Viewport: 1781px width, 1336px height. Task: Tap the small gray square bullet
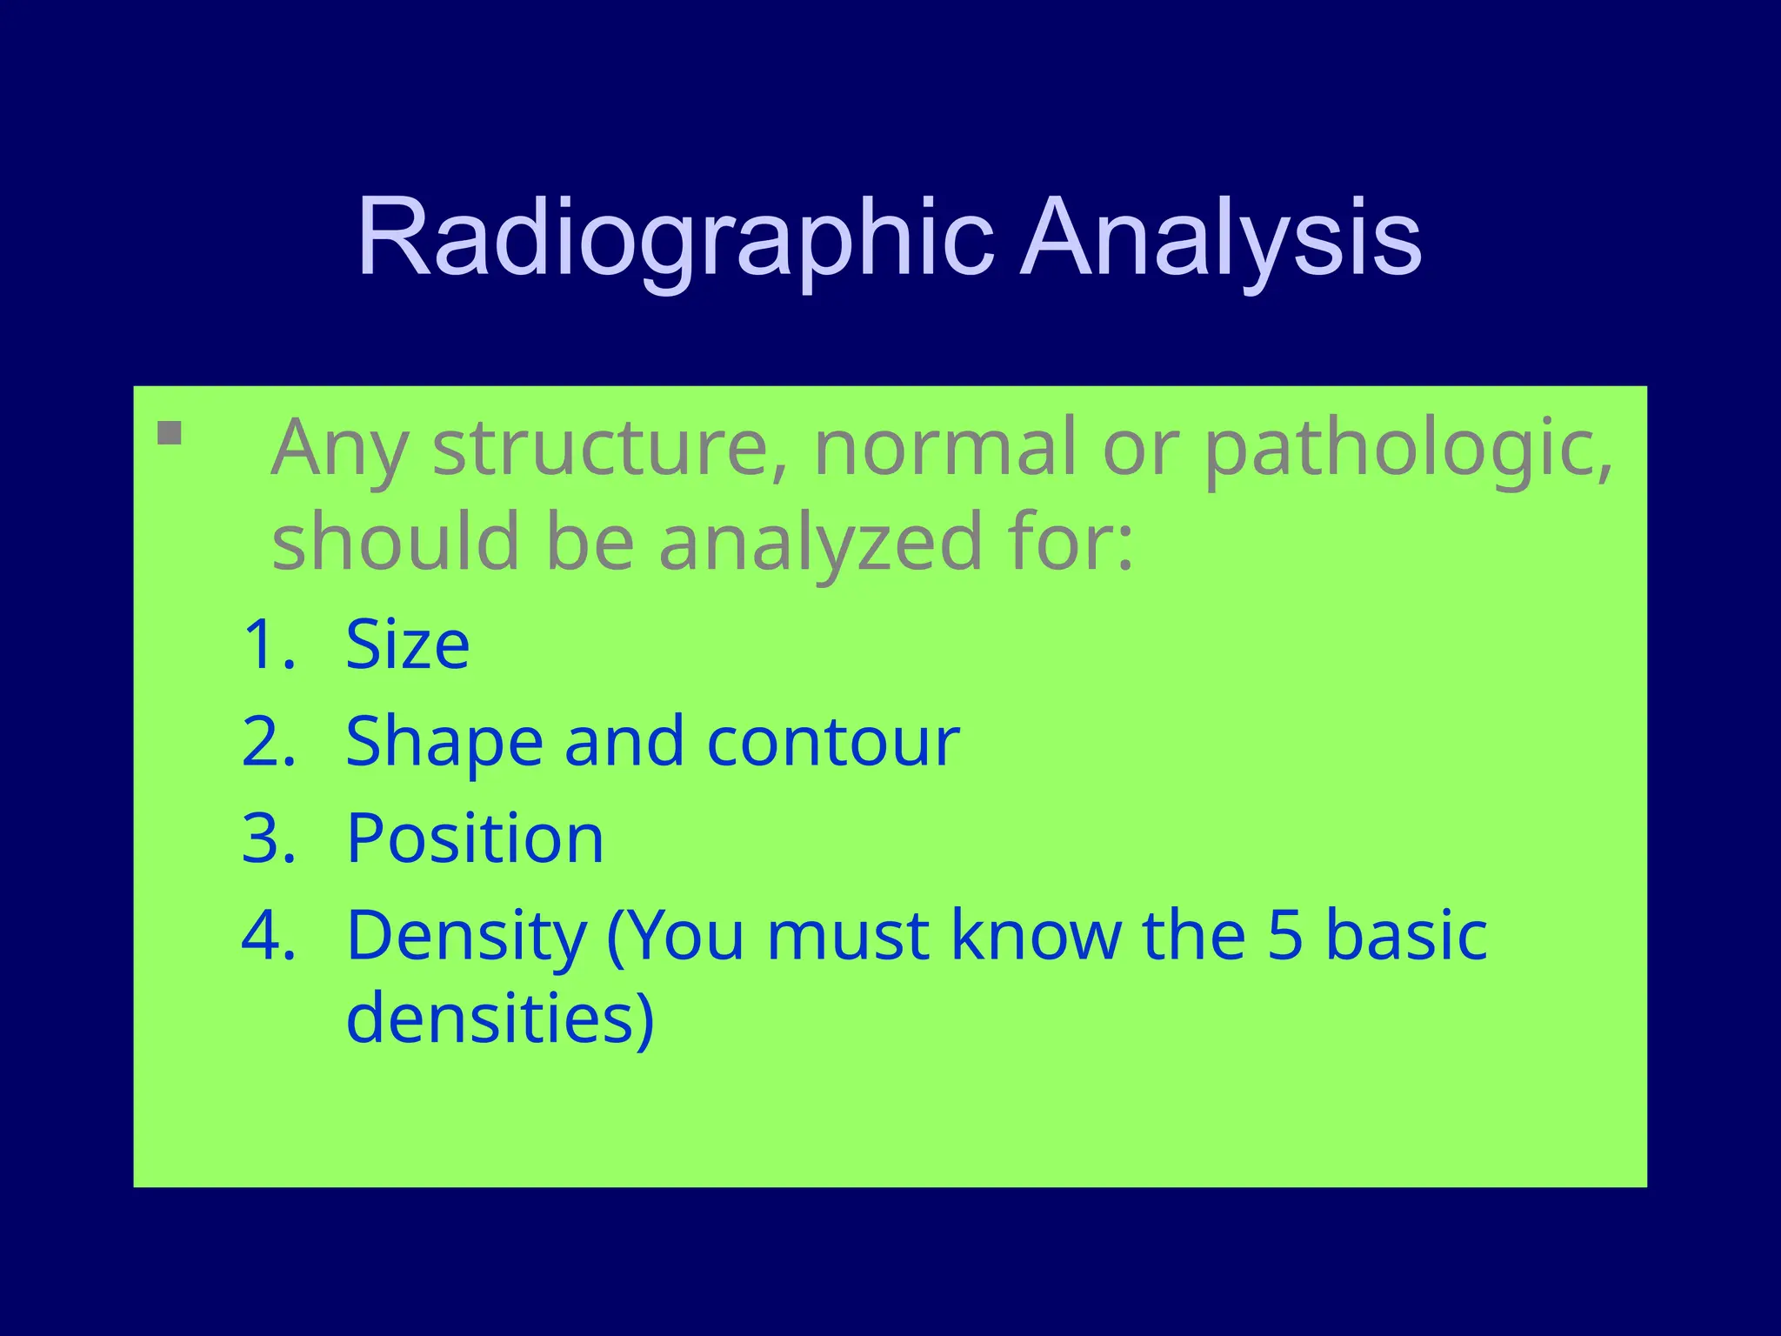pos(170,433)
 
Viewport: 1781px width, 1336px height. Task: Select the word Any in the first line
pos(339,450)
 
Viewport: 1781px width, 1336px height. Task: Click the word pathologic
pos(1408,450)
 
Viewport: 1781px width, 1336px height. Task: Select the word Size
pos(407,645)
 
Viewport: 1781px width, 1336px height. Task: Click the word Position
pos(475,838)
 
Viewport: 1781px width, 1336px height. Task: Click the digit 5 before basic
pos(1284,936)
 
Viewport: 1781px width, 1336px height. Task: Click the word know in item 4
pos(1036,936)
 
